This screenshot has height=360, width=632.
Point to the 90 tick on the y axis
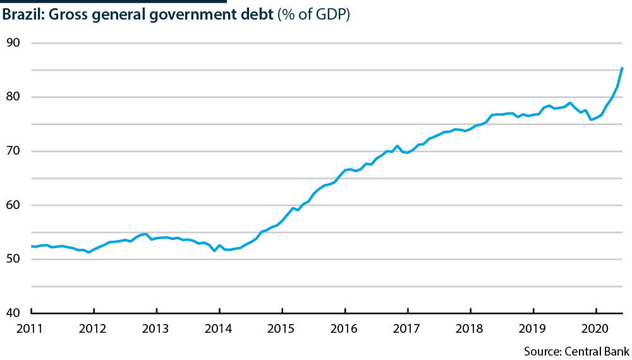[x=15, y=43]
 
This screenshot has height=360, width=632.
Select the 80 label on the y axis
[x=15, y=97]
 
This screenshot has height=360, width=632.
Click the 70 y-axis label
[x=15, y=152]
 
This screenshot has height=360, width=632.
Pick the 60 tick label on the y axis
[x=15, y=205]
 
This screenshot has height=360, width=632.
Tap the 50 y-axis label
[x=15, y=260]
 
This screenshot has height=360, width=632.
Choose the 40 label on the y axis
[x=15, y=313]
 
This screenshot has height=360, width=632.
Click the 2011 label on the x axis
[x=31, y=328]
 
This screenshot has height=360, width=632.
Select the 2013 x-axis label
[x=156, y=328]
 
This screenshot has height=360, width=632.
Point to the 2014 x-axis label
[x=219, y=328]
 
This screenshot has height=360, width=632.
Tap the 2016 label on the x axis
[x=345, y=328]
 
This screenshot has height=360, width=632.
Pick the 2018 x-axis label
[x=471, y=328]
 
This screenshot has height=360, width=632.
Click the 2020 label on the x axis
[x=596, y=328]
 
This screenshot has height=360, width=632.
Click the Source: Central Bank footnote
[x=575, y=349]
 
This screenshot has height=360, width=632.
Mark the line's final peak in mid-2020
[x=623, y=68]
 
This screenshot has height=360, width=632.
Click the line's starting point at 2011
[x=32, y=246]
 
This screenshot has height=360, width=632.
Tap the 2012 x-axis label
[x=94, y=328]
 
